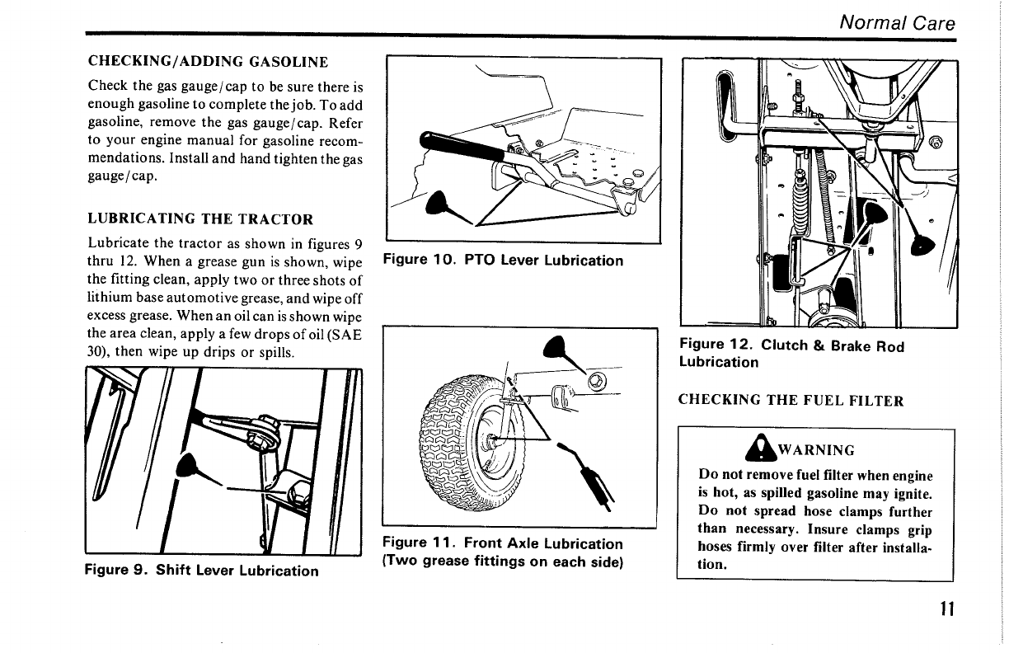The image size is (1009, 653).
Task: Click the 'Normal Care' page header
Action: pos(897,23)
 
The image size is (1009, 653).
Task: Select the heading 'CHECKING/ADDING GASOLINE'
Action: pos(208,62)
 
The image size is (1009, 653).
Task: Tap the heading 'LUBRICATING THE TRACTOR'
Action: pos(200,219)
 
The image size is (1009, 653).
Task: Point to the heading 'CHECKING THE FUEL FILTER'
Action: pos(791,401)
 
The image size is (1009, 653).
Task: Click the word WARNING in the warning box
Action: pos(816,450)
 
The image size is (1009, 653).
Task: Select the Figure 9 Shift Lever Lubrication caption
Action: pos(202,571)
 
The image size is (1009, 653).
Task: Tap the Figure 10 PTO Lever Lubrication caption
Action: pos(504,261)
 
